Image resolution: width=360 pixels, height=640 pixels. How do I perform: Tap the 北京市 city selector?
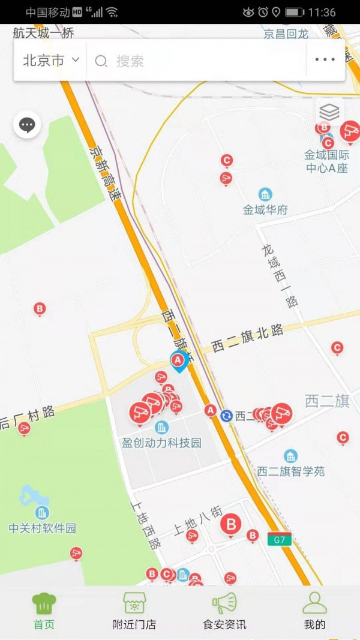[x=50, y=60]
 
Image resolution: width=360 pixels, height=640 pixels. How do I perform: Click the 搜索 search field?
[x=198, y=61]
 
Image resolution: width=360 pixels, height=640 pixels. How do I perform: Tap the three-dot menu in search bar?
[x=325, y=60]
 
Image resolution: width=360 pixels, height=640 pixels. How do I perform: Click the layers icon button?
[x=329, y=112]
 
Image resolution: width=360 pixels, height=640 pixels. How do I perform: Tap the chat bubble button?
[x=27, y=125]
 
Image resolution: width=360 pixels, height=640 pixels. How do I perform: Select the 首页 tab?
[x=44, y=611]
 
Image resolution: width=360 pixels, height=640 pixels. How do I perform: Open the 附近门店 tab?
[x=134, y=611]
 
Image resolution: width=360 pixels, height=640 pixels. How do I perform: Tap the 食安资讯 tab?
[x=224, y=611]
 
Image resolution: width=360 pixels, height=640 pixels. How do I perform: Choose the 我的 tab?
[x=314, y=611]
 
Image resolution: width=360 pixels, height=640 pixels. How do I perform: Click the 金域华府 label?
[x=265, y=210]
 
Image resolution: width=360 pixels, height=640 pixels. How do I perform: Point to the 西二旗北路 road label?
[x=247, y=339]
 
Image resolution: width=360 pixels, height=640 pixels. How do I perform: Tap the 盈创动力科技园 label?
[x=161, y=443]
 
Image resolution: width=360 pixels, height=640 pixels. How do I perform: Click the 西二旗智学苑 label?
[x=291, y=471]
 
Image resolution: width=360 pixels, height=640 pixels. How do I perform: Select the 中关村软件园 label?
[x=43, y=528]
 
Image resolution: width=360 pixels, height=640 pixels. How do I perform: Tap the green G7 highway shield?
[x=280, y=539]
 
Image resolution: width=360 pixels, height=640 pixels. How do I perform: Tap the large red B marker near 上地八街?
[x=230, y=525]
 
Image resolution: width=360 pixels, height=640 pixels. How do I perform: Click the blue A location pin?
[x=178, y=361]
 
